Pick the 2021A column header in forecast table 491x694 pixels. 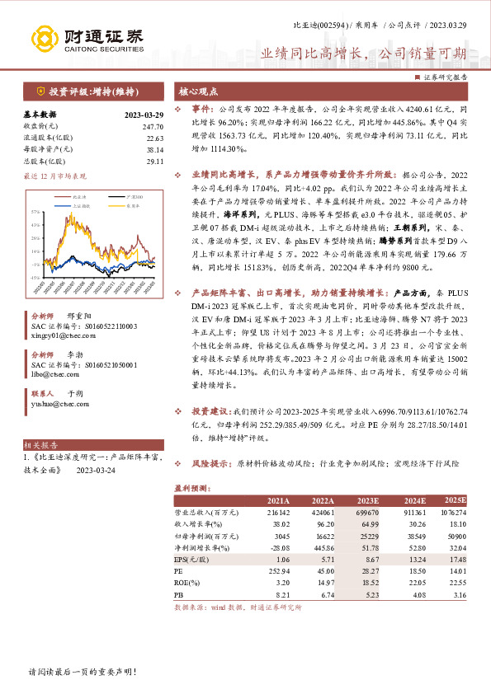278,499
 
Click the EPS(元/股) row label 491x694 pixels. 194,558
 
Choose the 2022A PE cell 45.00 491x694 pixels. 323,569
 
